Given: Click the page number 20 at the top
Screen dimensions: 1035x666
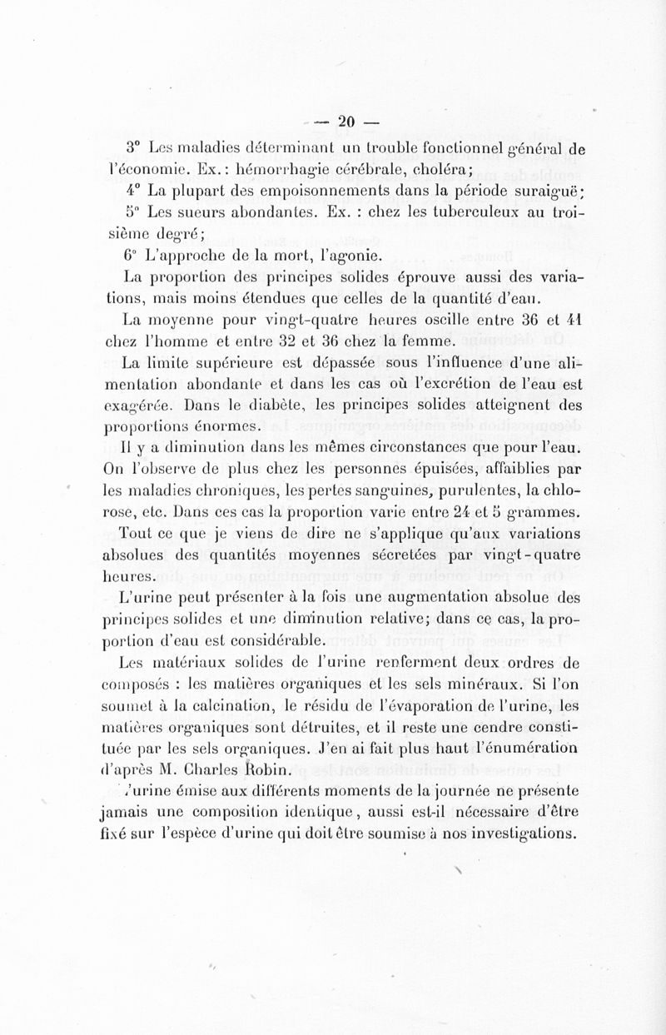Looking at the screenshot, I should [346, 121].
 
